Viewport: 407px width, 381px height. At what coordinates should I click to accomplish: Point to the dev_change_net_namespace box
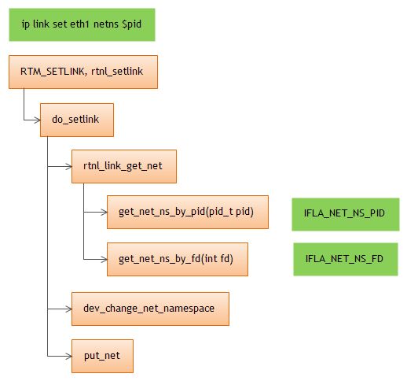click(x=148, y=309)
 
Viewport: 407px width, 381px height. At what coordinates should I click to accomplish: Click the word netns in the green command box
click(x=104, y=25)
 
